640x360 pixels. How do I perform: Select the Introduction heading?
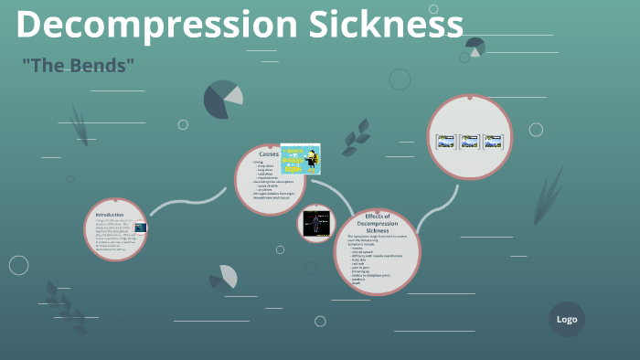(109, 214)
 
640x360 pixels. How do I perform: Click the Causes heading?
(268, 154)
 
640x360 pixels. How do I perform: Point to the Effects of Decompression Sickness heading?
(378, 223)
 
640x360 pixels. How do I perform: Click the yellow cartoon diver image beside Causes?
(300, 159)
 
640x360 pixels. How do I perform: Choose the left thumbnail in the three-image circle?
(446, 142)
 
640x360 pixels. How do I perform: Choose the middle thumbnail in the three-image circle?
(469, 142)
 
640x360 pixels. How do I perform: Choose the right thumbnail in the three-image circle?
(493, 142)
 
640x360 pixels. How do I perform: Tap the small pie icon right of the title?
(475, 47)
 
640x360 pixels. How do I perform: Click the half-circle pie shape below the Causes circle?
(224, 277)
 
